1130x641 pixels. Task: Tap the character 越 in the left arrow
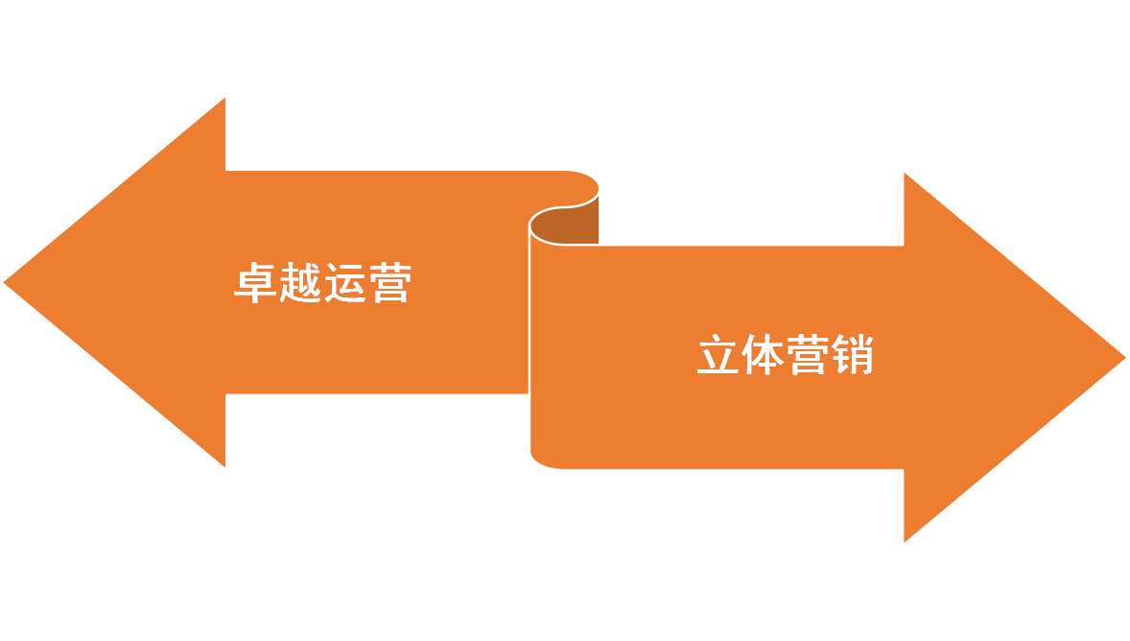300,283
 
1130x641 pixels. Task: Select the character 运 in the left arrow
344,283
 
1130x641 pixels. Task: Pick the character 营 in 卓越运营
388,283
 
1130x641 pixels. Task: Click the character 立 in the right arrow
718,356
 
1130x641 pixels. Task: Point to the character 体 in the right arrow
764,356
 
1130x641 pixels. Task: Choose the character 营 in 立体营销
808,356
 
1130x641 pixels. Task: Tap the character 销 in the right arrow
852,356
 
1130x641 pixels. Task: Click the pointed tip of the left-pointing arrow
4,282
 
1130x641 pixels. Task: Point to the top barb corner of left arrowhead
226,96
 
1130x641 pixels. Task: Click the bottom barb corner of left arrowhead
226,468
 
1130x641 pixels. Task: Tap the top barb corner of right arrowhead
903,171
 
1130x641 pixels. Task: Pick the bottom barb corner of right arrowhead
903,543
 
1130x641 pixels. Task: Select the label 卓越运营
322,283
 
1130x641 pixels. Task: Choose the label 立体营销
785,356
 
